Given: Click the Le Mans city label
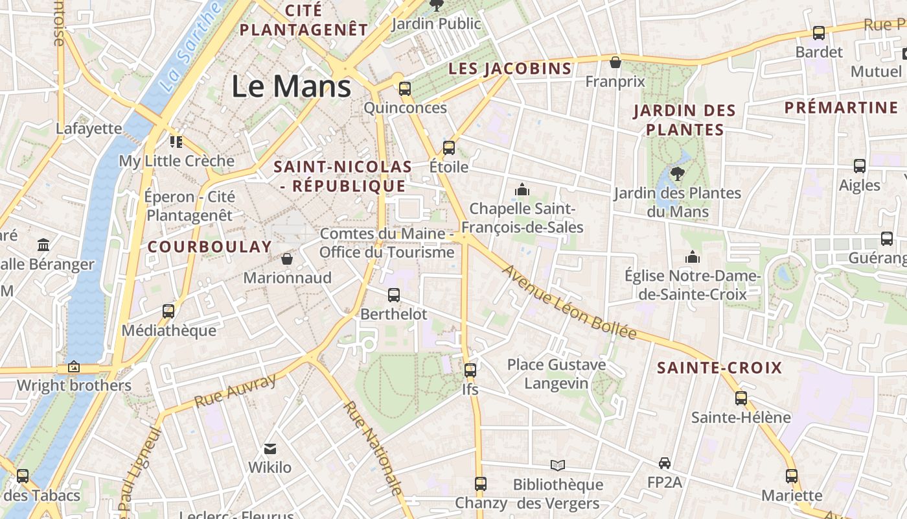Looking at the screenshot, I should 292,86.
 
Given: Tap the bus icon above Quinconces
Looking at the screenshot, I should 405,89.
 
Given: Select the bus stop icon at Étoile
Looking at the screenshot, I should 448,148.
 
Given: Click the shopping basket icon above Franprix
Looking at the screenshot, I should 615,62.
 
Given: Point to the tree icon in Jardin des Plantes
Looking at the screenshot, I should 678,173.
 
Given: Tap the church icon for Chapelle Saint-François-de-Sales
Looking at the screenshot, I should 522,189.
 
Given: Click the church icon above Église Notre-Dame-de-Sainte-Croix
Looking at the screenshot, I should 693,257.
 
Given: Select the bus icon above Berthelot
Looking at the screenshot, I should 393,295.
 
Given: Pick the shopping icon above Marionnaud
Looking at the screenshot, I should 287,259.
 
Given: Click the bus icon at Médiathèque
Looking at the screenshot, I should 168,311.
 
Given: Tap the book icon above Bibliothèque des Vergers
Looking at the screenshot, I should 557,465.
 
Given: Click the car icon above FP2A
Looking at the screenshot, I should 664,463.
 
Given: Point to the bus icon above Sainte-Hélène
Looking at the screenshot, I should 741,398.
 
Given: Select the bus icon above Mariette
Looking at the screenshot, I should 791,476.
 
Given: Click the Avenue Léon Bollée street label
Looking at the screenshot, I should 569,302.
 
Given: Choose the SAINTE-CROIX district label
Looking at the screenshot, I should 720,368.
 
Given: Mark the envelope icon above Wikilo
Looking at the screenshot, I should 270,449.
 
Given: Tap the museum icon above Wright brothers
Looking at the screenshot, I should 74,367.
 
